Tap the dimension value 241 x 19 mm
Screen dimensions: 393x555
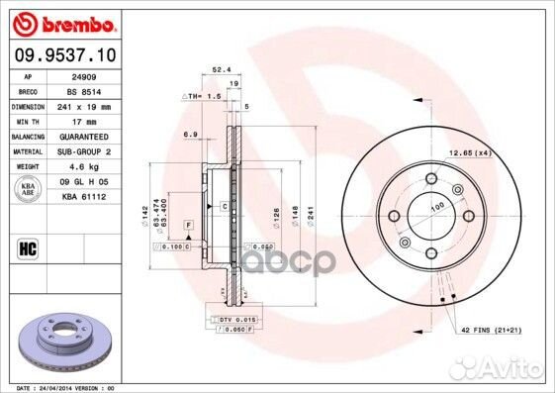point(83,105)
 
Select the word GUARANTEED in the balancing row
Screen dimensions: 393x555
point(83,136)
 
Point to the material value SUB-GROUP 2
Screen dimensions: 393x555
point(83,151)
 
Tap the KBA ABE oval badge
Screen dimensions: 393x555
point(29,189)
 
